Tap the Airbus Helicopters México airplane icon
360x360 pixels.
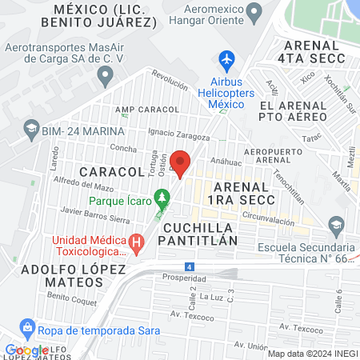tap(226, 59)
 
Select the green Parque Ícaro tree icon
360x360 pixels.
tap(162, 196)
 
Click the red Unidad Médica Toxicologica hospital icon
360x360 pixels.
tap(137, 241)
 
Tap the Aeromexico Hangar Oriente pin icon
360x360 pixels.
tap(254, 12)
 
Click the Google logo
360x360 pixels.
tap(26, 350)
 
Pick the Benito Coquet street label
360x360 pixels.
tap(71, 302)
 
